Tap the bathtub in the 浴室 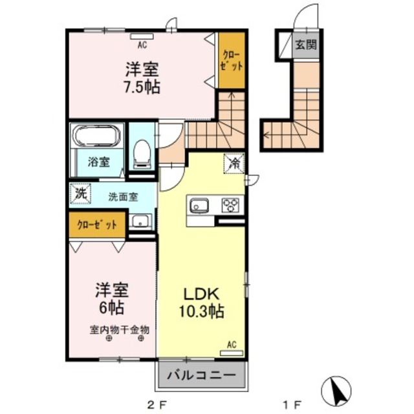[95, 136]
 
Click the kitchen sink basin [199, 206]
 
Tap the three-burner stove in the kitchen [230, 206]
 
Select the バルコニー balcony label [201, 375]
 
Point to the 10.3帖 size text [201, 312]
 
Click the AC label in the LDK [232, 345]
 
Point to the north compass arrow [336, 389]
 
